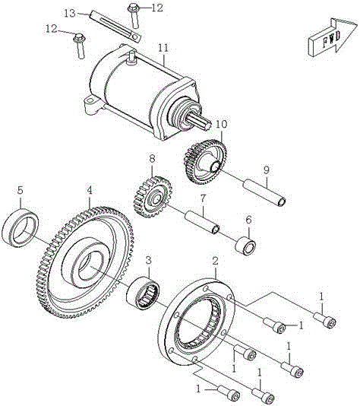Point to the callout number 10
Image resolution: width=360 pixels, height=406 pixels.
click(221, 123)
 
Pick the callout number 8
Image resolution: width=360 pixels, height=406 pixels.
click(152, 160)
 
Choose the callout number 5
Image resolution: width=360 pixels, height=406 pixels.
click(21, 190)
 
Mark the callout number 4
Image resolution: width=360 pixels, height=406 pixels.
click(90, 190)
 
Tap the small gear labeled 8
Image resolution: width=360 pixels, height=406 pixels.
click(150, 197)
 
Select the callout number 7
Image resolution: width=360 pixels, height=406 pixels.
click(204, 198)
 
